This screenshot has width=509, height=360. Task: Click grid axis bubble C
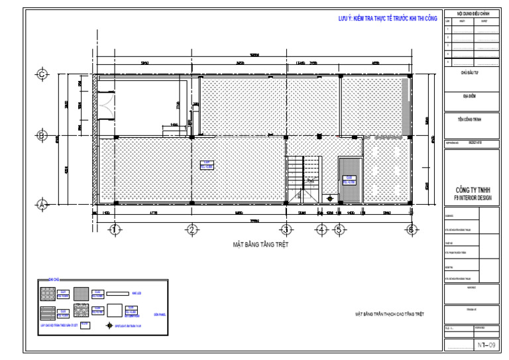(42, 75)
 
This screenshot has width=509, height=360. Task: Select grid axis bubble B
(42, 136)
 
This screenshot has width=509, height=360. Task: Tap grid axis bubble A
(42, 205)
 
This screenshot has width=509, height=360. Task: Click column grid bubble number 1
(115, 230)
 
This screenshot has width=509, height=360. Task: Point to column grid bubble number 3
(286, 230)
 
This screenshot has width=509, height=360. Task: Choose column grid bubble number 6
(412, 230)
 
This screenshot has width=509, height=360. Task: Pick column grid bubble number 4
(321, 230)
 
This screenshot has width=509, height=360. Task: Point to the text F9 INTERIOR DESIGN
(471, 197)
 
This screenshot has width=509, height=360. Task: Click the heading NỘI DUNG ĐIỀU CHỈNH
(471, 13)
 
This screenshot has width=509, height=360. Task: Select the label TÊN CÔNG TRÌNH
(471, 120)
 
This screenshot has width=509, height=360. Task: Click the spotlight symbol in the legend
(111, 326)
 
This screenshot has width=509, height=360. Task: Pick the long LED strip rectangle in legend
(119, 293)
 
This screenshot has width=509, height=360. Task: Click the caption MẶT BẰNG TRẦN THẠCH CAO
(389, 314)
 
